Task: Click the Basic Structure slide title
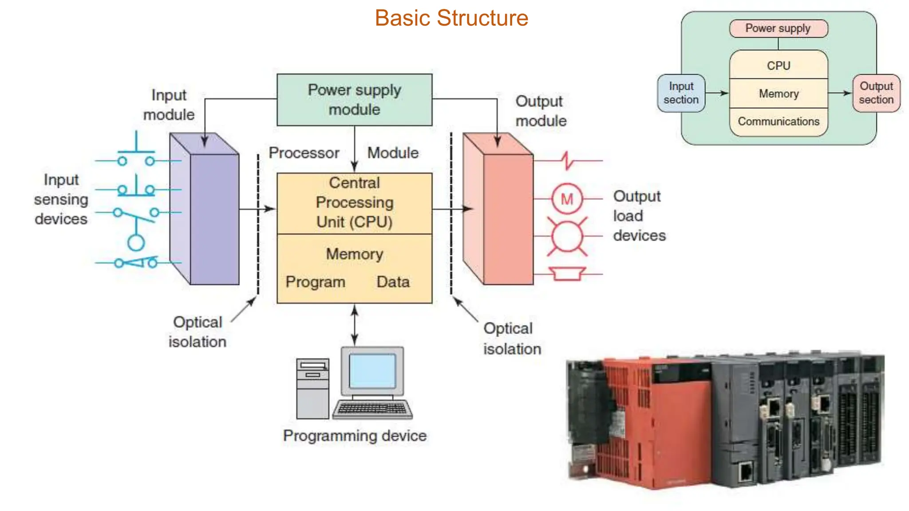(451, 18)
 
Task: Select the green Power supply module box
(354, 100)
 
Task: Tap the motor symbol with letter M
(567, 199)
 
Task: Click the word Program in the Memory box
(315, 282)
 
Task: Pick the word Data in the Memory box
(393, 282)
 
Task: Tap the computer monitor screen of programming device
(372, 371)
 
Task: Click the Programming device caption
(355, 436)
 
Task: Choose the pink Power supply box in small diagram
(778, 28)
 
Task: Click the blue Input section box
(681, 93)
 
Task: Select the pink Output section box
(876, 93)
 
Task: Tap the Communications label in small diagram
(779, 122)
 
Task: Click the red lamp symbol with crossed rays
(567, 237)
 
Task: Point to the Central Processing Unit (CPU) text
(354, 202)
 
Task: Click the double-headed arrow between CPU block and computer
(354, 325)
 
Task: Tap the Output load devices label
(639, 216)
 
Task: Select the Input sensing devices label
(61, 199)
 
